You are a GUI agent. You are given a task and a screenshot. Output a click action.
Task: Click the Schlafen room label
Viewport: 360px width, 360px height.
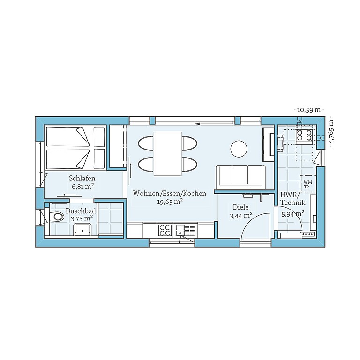tap(82, 178)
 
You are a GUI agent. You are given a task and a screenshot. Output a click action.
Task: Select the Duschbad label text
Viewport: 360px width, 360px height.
tap(81, 211)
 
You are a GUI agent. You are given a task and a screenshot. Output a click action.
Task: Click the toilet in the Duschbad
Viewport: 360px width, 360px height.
tap(58, 217)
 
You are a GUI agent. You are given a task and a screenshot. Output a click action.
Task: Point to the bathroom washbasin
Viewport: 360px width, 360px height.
tap(82, 229)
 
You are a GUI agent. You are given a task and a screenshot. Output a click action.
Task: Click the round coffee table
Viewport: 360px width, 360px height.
tap(239, 149)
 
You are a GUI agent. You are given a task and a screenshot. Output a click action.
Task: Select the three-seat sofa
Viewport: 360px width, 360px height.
tap(240, 176)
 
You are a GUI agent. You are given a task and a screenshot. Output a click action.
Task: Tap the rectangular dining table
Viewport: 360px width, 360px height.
tap(167, 154)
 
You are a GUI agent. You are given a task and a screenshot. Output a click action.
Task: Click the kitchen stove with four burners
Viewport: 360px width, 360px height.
tap(165, 230)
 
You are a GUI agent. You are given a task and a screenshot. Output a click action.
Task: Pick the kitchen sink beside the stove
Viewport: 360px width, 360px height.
tap(185, 230)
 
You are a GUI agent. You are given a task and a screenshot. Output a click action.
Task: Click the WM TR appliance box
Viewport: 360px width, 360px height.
tap(307, 184)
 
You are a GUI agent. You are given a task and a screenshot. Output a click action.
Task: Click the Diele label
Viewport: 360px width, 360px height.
tap(240, 207)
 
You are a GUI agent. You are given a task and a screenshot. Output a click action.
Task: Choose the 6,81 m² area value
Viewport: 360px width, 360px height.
tap(82, 186)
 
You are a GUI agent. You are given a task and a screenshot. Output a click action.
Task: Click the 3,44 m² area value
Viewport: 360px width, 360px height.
tap(241, 216)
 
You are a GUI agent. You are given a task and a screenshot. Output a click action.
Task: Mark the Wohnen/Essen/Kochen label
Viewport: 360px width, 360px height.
tap(169, 193)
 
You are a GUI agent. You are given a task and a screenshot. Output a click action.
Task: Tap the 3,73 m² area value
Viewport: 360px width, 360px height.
tap(81, 218)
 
